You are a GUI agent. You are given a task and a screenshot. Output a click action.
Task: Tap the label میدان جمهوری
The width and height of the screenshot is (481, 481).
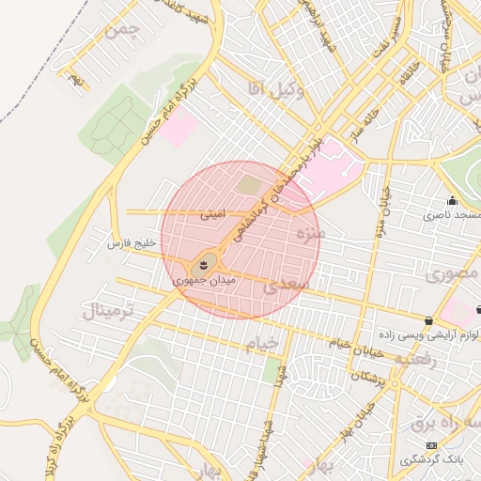pos(203,279)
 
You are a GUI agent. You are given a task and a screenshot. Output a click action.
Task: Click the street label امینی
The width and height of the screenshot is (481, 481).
pos(212,214)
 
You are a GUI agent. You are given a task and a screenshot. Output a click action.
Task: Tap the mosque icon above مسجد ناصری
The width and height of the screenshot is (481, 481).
pos(452,200)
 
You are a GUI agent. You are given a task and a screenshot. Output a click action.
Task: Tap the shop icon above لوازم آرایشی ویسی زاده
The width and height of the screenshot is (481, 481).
pos(429,319)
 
